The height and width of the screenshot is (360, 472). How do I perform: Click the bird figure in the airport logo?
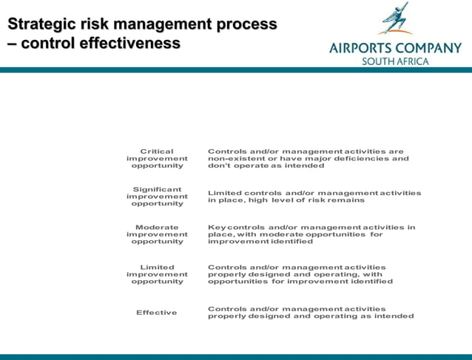pyautogui.click(x=395, y=19)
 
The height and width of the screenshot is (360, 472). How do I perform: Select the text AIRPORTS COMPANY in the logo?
pyautogui.click(x=395, y=49)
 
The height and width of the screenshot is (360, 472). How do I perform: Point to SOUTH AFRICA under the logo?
pyautogui.click(x=395, y=61)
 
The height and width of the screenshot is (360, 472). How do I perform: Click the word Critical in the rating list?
pyautogui.click(x=157, y=152)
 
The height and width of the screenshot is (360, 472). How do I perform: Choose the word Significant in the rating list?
pyautogui.click(x=157, y=190)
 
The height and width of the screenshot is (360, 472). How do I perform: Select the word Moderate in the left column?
pyautogui.click(x=157, y=228)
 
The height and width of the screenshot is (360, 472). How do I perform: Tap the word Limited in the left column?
pyautogui.click(x=157, y=268)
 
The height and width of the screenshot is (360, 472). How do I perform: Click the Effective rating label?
pyautogui.click(x=157, y=313)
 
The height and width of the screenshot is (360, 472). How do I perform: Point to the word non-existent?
pyautogui.click(x=237, y=159)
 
